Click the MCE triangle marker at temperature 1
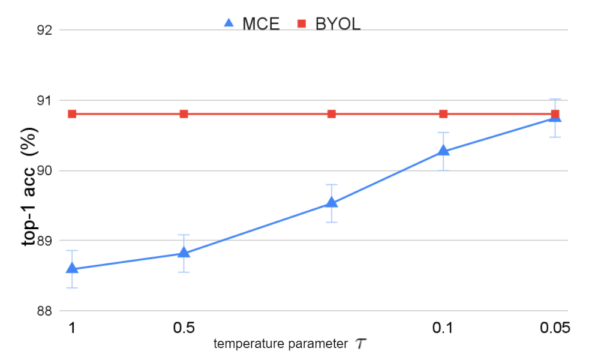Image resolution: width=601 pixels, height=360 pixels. (x=72, y=268)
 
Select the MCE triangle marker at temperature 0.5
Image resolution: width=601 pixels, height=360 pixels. (x=184, y=253)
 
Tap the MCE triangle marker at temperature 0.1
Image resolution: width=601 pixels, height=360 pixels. (x=443, y=150)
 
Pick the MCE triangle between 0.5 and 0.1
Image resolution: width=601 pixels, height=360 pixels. (x=331, y=202)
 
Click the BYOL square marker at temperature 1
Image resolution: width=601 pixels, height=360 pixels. (x=72, y=114)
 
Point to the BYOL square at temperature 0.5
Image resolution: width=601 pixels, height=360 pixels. (x=184, y=114)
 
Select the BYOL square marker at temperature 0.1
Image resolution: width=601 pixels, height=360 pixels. (x=443, y=114)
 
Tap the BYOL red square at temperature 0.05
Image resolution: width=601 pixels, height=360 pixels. (x=555, y=114)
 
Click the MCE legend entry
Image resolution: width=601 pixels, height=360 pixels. (x=251, y=24)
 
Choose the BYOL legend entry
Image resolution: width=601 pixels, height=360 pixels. (x=329, y=24)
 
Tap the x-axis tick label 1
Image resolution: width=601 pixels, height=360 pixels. (x=72, y=328)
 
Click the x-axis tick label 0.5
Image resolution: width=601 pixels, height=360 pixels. (x=184, y=328)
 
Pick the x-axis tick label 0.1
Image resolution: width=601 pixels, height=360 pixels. (x=443, y=328)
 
